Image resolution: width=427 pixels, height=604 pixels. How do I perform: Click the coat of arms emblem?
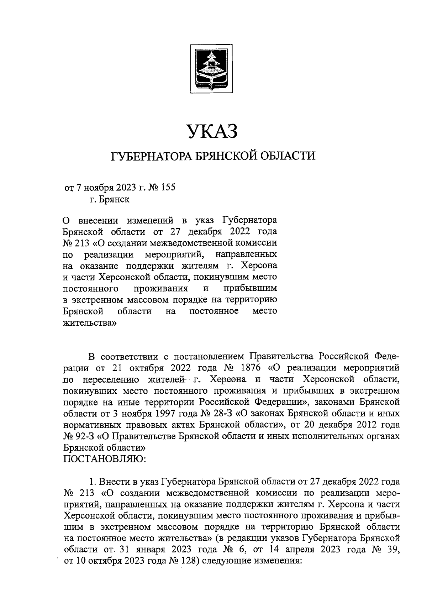(211, 67)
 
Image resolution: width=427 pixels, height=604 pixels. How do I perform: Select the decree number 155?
(168, 187)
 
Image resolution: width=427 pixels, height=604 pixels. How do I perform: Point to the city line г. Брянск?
(110, 199)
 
